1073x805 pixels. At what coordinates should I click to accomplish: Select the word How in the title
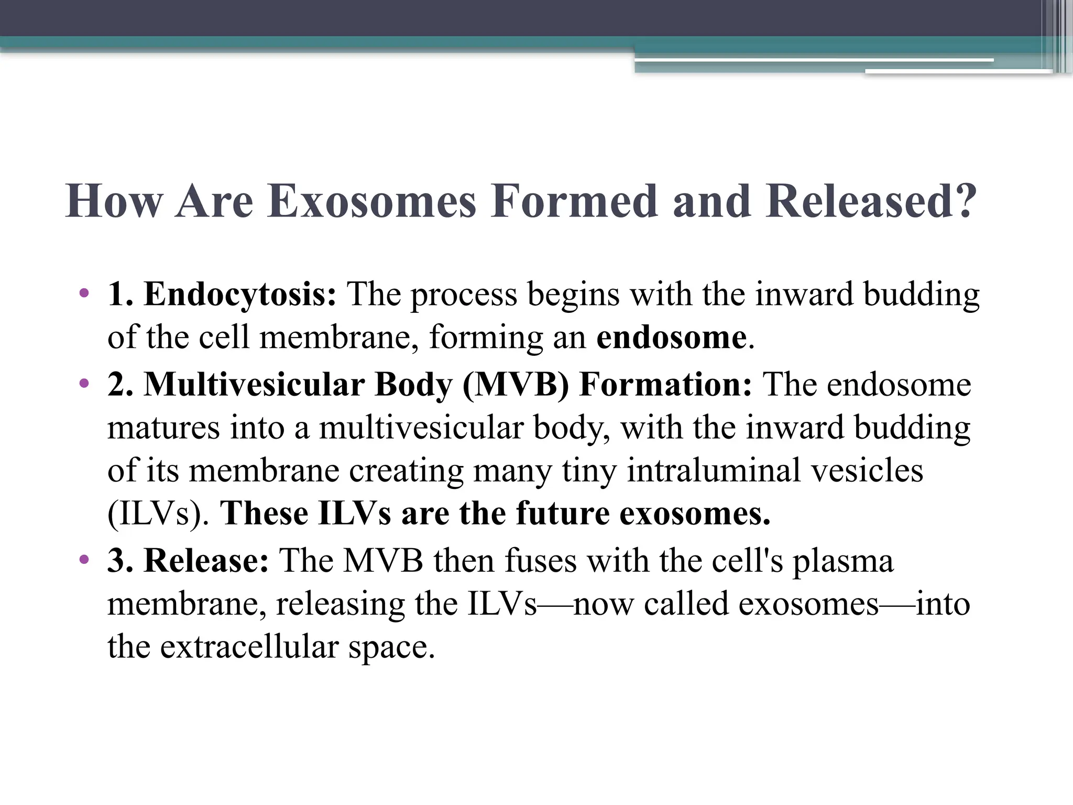click(x=114, y=202)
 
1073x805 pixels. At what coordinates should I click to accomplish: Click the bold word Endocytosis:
click(x=240, y=295)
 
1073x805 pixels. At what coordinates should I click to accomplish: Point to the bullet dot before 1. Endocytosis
click(x=84, y=293)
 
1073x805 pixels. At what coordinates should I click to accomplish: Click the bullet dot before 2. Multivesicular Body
click(x=84, y=384)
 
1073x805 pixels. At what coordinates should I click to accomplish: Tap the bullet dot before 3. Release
click(x=84, y=560)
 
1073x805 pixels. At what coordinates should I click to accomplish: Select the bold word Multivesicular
click(x=254, y=385)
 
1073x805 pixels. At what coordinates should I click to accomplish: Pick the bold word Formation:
click(x=666, y=385)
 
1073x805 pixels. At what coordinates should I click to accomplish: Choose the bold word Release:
click(x=206, y=561)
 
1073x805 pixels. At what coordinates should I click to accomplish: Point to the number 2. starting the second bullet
click(x=120, y=385)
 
